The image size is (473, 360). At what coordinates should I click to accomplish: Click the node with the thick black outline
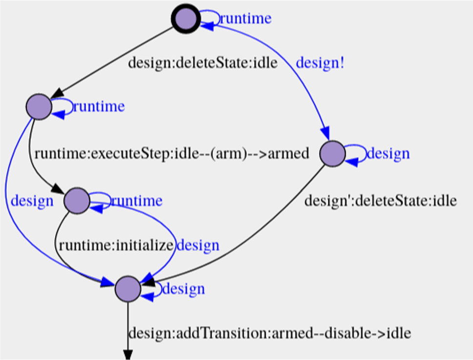tap(186, 19)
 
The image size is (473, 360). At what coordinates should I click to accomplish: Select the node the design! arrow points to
tap(333, 154)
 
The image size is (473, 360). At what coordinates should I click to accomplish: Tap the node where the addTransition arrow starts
tap(128, 289)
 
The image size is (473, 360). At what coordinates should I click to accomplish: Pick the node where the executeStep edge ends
tap(77, 200)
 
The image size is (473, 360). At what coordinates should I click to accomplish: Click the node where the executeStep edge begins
tap(39, 107)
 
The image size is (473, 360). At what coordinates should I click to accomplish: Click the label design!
tap(321, 63)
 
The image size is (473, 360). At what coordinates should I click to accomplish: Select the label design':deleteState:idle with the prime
tap(381, 201)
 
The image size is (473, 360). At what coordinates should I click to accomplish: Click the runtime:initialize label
tap(116, 245)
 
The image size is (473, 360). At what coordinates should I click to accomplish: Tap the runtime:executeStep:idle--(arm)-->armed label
tap(172, 154)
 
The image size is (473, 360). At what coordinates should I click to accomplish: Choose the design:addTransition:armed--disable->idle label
tap(270, 334)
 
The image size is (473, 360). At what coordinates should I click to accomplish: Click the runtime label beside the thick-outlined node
tap(245, 19)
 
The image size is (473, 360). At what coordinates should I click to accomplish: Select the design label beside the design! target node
tap(388, 154)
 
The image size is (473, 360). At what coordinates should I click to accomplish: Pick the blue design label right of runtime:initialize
tap(197, 245)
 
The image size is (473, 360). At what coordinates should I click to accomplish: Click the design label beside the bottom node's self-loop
tap(183, 289)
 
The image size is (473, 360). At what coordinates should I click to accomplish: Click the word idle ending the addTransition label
tap(399, 334)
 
